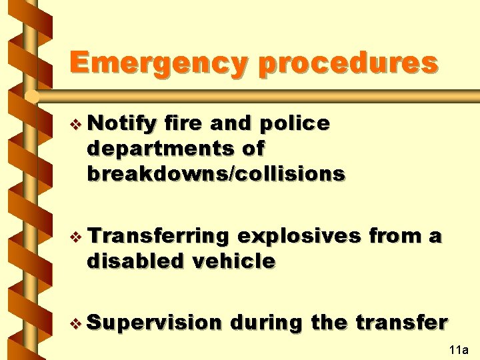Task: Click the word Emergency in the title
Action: point(159,63)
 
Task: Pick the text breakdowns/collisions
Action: point(215,174)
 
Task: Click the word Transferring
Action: point(157,237)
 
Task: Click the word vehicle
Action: point(233,261)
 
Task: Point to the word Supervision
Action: point(153,323)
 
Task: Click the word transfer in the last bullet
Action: point(401,323)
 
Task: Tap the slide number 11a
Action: point(459,350)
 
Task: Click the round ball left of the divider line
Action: point(32,97)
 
